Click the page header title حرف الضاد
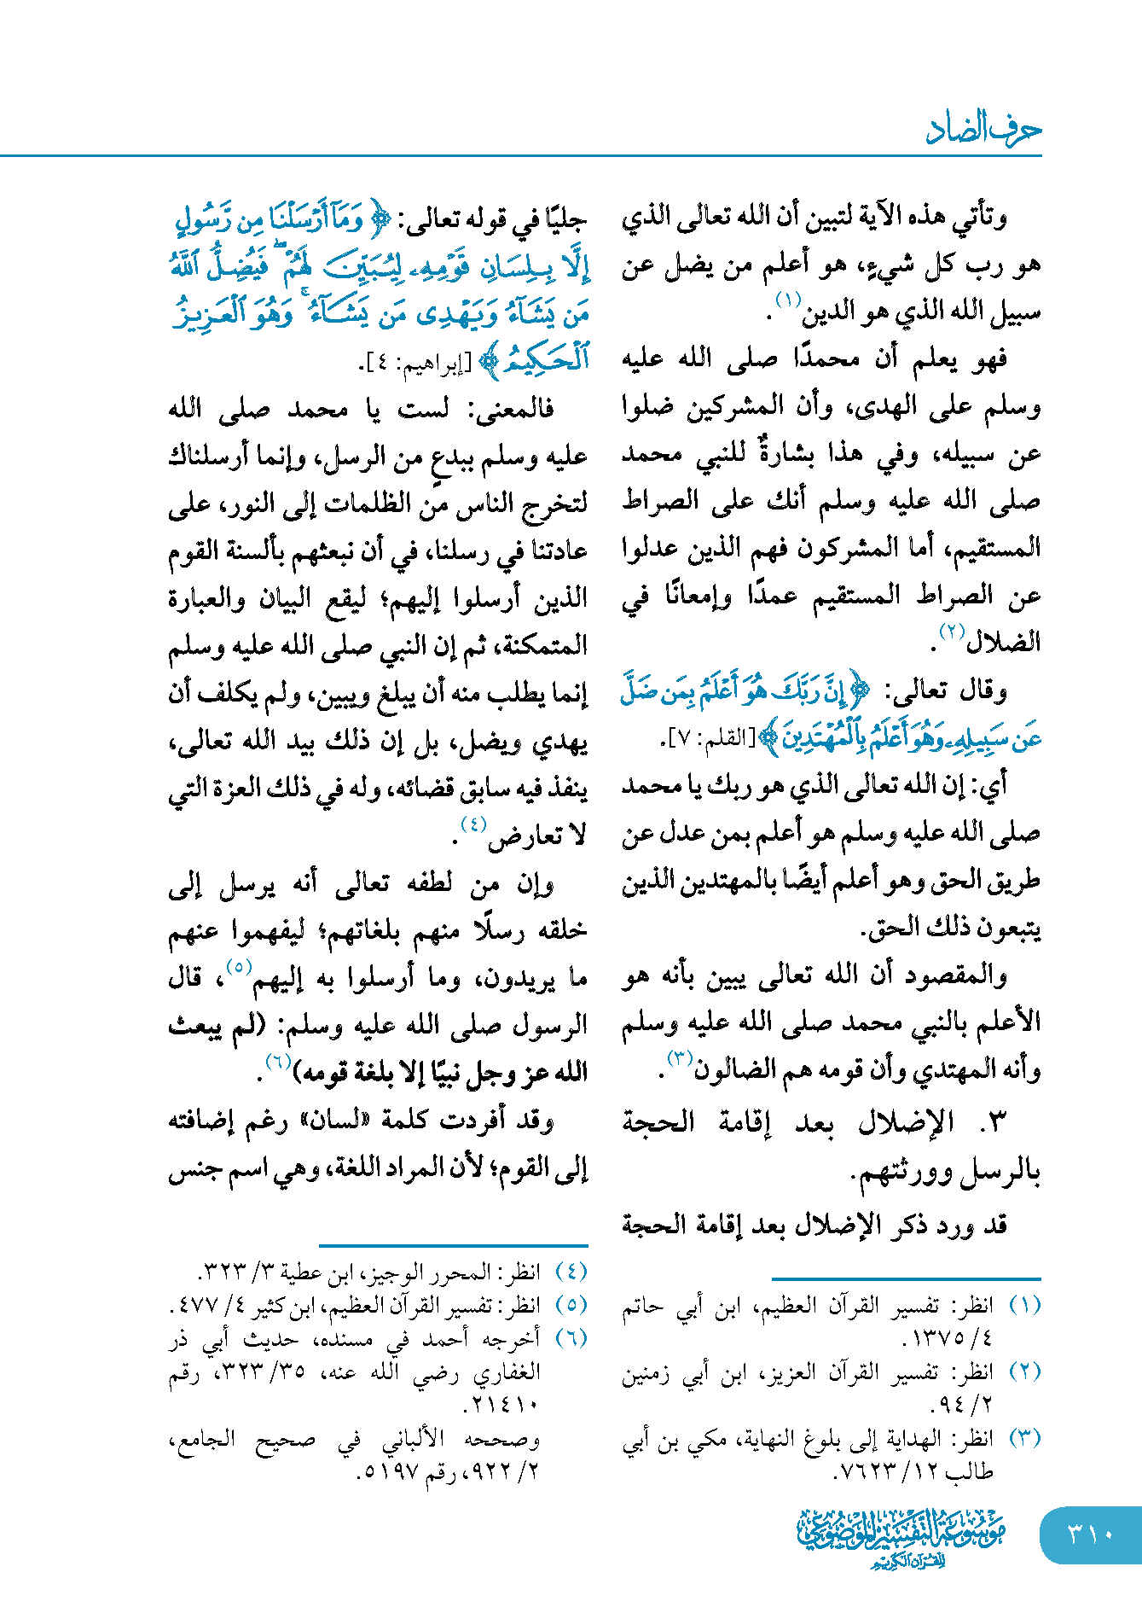click(x=983, y=130)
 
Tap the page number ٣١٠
click(x=1091, y=1534)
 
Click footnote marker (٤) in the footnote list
click(x=571, y=1272)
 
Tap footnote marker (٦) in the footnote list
click(x=571, y=1338)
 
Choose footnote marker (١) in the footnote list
click(x=1024, y=1306)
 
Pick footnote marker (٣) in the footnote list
click(x=1024, y=1439)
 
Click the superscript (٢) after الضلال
click(x=951, y=632)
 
